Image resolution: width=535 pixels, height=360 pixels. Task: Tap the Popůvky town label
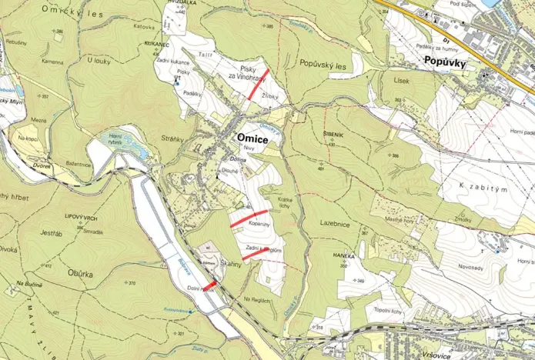(x=444, y=65)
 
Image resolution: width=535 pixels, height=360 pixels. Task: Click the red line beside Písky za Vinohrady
(x=257, y=84)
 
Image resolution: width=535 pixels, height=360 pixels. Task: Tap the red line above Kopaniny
(x=249, y=218)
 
